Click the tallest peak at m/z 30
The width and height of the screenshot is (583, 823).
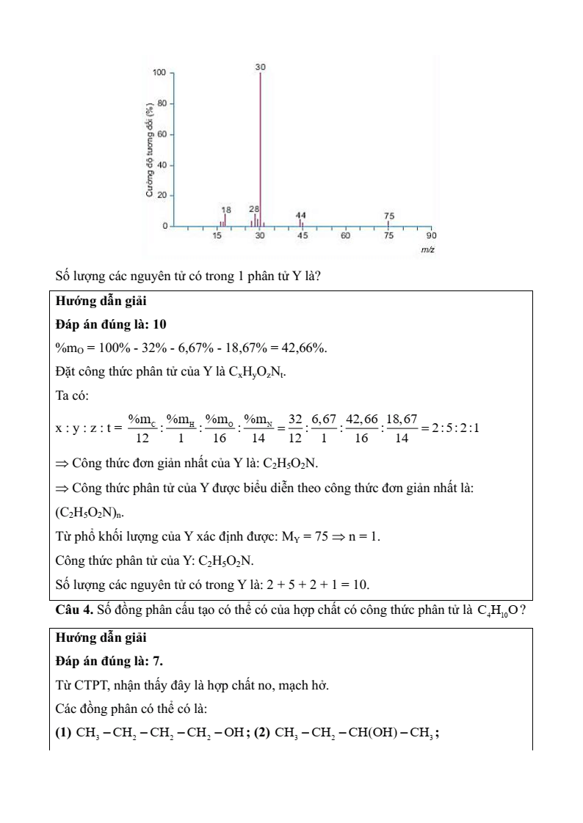point(261,147)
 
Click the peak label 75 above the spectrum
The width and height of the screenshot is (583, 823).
point(389,215)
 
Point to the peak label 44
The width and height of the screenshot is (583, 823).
point(301,215)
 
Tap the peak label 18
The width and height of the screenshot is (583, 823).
point(225,210)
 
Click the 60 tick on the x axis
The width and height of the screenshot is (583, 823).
point(345,235)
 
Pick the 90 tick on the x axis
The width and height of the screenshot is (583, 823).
point(431,235)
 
